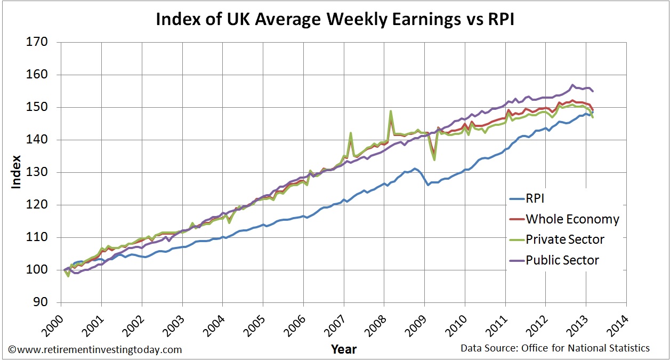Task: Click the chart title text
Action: (x=334, y=20)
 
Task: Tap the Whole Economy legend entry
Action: (x=572, y=219)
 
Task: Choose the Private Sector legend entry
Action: (x=565, y=239)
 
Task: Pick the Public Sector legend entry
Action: (x=562, y=260)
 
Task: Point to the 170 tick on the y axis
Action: (x=37, y=42)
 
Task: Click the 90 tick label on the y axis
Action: (x=41, y=302)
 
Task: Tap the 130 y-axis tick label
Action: (x=37, y=172)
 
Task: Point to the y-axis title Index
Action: (x=17, y=172)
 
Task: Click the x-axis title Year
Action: (x=343, y=350)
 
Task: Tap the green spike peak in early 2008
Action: (x=391, y=111)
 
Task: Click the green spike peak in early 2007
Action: (x=350, y=133)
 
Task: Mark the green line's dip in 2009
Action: (x=434, y=159)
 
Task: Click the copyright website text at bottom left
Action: (x=95, y=350)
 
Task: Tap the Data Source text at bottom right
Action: (x=555, y=348)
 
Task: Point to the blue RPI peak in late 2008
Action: (x=415, y=169)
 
